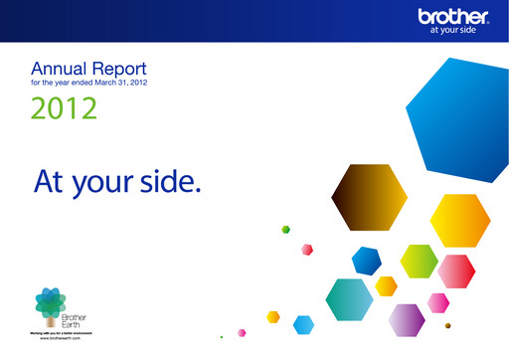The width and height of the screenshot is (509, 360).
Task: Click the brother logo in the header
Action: click(x=453, y=16)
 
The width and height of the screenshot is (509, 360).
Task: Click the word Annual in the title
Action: click(x=59, y=69)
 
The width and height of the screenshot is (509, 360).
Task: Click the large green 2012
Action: click(x=64, y=107)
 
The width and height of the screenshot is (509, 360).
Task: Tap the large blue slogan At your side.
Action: click(x=117, y=180)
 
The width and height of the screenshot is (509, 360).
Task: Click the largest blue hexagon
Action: click(x=460, y=110)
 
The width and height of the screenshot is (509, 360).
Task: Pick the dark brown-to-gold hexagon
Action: click(x=369, y=196)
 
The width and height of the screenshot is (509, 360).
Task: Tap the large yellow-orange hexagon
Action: click(x=459, y=220)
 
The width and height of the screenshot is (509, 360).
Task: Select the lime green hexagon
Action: click(x=419, y=261)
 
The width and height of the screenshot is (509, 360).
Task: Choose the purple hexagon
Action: click(x=406, y=319)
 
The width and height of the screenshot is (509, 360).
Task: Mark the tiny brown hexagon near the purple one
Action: click(x=447, y=326)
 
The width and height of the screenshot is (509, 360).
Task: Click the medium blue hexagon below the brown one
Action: click(x=367, y=261)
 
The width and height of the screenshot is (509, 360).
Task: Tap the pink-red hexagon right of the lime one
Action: click(x=455, y=270)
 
